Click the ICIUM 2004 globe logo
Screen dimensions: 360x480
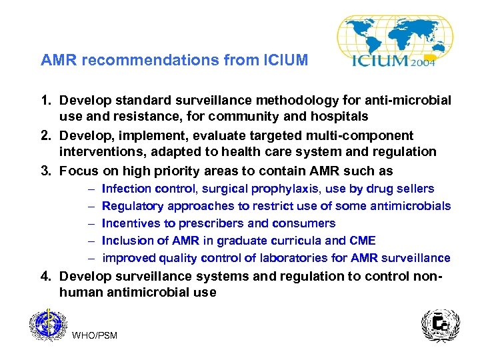point(395,41)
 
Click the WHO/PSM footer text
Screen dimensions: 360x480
point(94,335)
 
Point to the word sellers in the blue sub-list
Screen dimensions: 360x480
point(416,189)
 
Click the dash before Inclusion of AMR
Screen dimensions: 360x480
point(89,241)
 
